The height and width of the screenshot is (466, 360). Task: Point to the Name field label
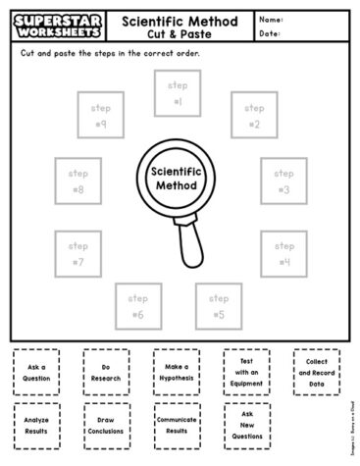click(x=273, y=18)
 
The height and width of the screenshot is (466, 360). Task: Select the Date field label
click(x=272, y=33)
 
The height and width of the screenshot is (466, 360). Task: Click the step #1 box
click(x=178, y=94)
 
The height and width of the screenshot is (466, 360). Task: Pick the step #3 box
click(x=283, y=181)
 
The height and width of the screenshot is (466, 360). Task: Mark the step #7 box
click(x=77, y=254)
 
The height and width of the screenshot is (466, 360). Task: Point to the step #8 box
click(x=77, y=181)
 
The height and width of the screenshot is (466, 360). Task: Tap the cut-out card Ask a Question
click(x=36, y=372)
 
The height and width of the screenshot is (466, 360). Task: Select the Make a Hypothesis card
click(x=177, y=372)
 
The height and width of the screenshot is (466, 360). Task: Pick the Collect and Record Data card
click(x=316, y=373)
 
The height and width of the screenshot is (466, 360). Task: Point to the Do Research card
click(x=106, y=372)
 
